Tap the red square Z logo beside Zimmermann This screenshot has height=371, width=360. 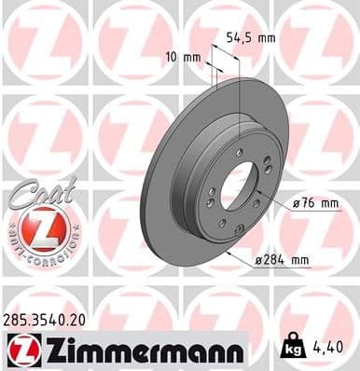pos(19,350)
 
